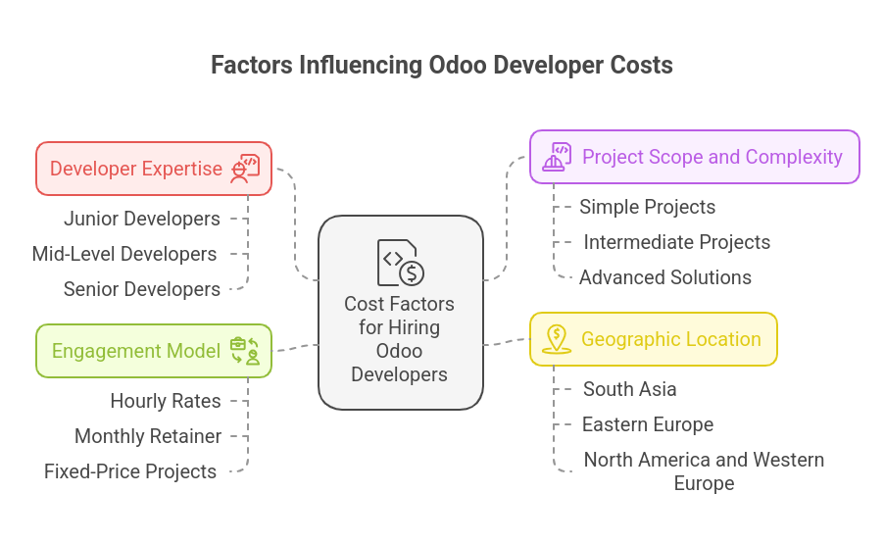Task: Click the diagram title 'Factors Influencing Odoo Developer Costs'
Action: click(441, 66)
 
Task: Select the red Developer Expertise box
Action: click(154, 169)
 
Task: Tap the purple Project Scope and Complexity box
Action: click(695, 157)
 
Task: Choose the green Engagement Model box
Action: click(154, 351)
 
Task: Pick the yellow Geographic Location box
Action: click(654, 339)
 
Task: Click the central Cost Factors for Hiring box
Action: click(400, 313)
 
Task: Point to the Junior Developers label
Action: click(141, 219)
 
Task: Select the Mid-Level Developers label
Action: click(124, 254)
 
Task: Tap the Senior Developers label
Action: click(141, 289)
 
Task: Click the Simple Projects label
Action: click(647, 207)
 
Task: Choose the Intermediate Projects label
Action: click(676, 242)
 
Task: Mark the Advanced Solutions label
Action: click(665, 277)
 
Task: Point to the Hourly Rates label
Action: click(166, 401)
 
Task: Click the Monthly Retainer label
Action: click(148, 436)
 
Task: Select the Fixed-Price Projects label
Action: click(130, 471)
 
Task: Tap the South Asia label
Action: click(630, 389)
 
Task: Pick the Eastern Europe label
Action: click(648, 424)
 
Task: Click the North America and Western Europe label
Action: click(704, 471)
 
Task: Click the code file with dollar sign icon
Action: click(400, 263)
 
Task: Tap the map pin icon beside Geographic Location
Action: click(557, 339)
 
